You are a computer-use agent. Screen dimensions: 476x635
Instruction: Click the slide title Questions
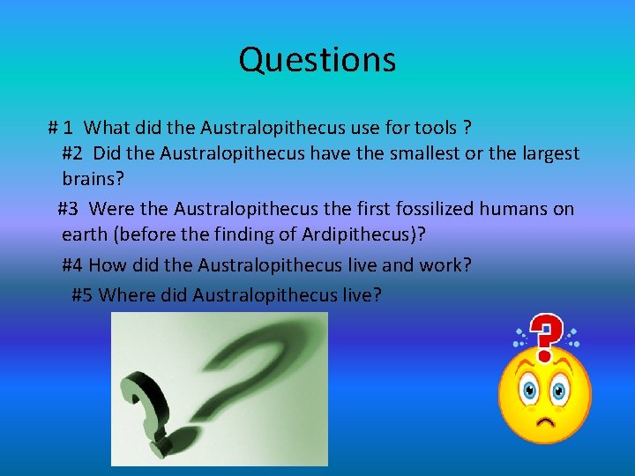click(x=317, y=60)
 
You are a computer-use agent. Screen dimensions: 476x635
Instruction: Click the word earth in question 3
click(x=84, y=237)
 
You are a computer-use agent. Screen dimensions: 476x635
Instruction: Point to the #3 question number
click(x=69, y=209)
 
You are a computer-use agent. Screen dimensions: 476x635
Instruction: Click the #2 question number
click(x=73, y=153)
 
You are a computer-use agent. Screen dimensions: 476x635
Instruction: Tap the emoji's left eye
click(x=530, y=388)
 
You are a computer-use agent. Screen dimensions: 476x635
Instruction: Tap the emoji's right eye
click(x=561, y=388)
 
